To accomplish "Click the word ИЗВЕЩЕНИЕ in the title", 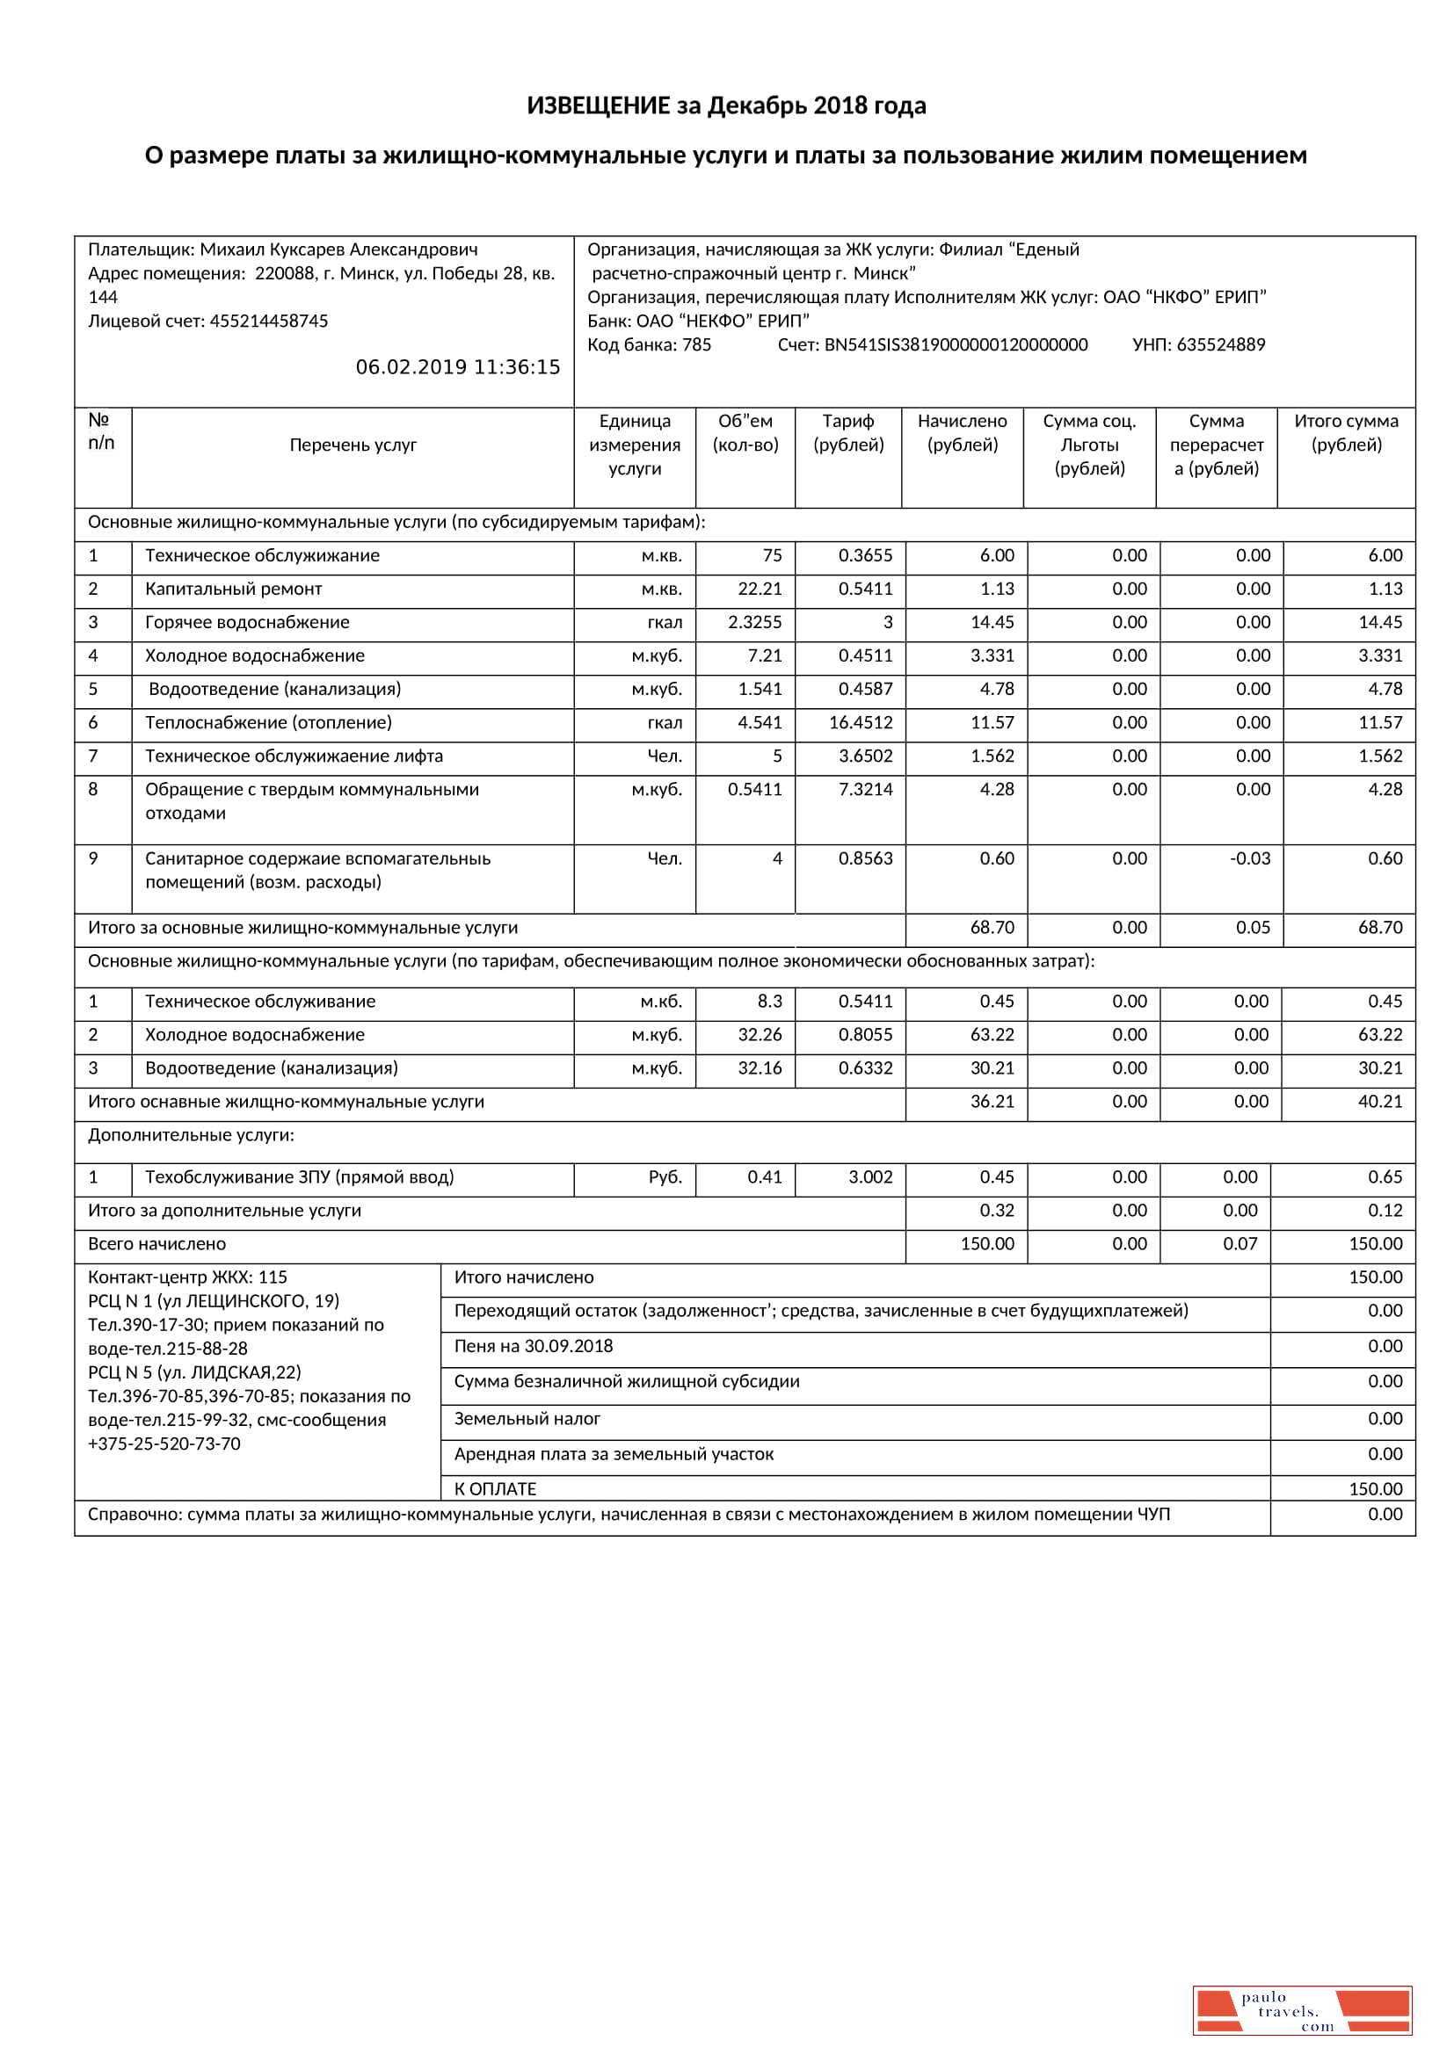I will tap(598, 105).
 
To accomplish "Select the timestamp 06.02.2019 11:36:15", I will tap(457, 367).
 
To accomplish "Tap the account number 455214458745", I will tap(269, 321).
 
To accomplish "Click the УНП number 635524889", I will tap(1220, 344).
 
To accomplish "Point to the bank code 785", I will tap(695, 344).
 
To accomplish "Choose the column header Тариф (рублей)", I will tap(847, 432).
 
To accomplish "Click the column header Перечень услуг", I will tap(353, 445).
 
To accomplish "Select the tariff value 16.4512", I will tap(861, 722).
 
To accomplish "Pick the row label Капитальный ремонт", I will tap(233, 589).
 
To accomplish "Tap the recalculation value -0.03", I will tap(1250, 858).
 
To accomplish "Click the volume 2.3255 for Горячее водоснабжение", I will tap(754, 622).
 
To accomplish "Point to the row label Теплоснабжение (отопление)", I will tap(268, 722).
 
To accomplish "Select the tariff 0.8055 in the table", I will tap(865, 1035).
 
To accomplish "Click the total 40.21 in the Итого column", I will tap(1379, 1101).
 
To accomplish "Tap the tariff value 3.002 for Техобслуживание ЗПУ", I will tap(870, 1177).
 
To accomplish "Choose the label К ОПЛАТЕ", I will tap(495, 1488).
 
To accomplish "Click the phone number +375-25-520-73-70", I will tap(164, 1444).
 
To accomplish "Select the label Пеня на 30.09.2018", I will tap(533, 1346).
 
